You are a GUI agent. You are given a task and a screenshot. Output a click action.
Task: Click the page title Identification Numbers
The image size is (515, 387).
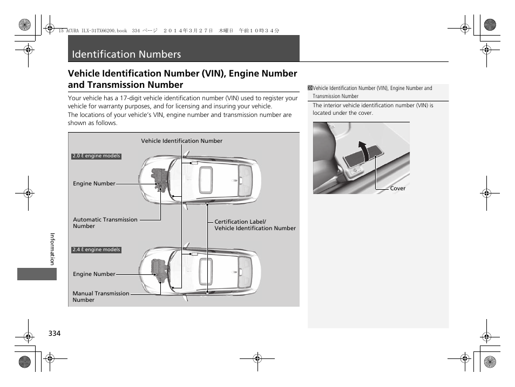click(126, 54)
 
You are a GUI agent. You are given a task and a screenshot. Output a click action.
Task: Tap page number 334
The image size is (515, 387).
click(54, 334)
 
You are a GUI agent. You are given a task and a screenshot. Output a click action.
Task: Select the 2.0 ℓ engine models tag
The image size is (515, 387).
click(97, 156)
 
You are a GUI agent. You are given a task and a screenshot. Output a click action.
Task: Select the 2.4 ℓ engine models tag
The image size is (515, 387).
click(97, 250)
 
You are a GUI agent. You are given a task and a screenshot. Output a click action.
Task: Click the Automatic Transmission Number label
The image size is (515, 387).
click(105, 223)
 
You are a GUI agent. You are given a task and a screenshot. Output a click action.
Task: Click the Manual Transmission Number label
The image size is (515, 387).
click(100, 296)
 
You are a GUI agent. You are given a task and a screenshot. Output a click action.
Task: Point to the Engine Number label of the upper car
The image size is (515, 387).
click(94, 184)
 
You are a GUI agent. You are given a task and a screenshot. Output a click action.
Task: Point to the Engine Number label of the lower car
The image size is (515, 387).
click(94, 274)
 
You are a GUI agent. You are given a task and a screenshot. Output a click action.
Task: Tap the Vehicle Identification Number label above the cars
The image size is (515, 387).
click(181, 141)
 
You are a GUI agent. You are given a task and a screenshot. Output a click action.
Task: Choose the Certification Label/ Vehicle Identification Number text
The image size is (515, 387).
click(255, 225)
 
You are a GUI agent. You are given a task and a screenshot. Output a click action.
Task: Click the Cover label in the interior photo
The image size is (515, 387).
click(397, 189)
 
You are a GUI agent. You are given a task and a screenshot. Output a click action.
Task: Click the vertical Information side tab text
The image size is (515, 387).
click(52, 248)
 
